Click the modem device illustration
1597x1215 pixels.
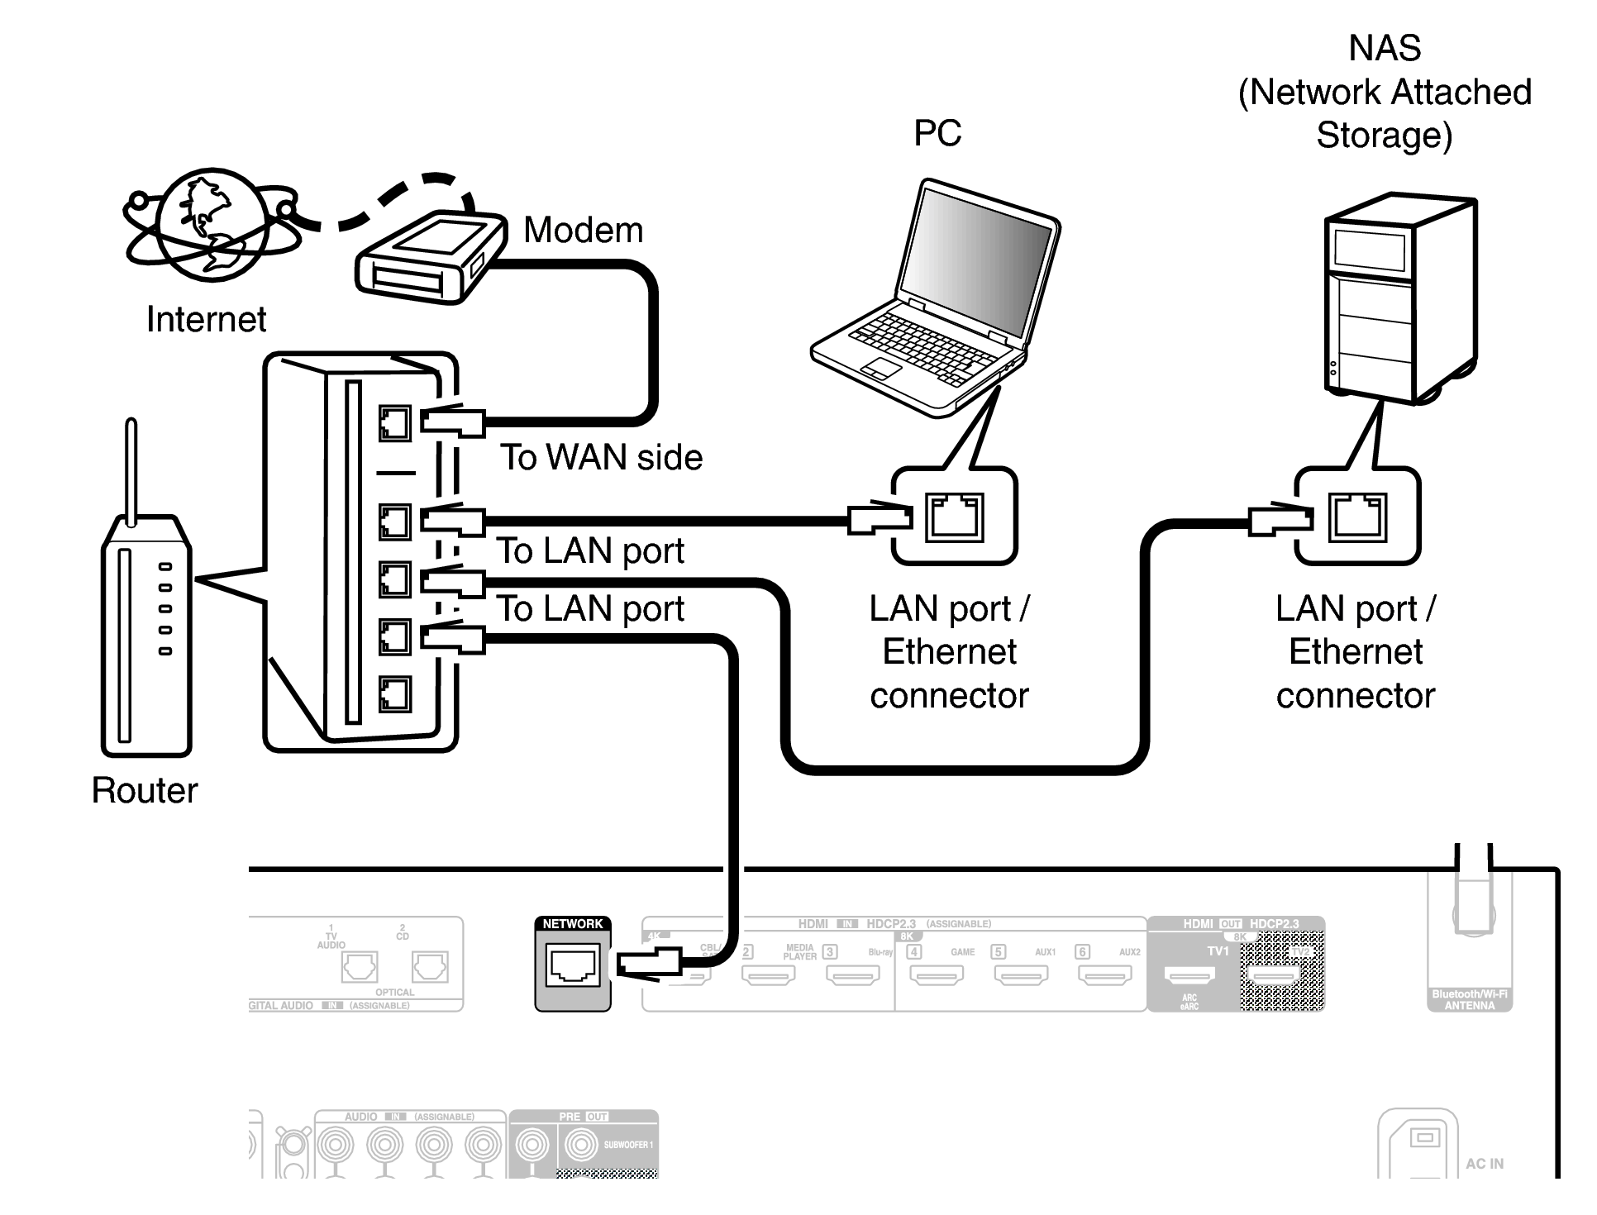(430, 257)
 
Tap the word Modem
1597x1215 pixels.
(583, 230)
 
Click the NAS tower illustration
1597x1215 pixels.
(1397, 298)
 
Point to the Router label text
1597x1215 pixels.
(145, 790)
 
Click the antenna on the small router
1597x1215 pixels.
(131, 471)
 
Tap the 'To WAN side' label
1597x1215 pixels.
(601, 457)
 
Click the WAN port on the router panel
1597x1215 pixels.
(394, 424)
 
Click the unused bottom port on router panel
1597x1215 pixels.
(394, 693)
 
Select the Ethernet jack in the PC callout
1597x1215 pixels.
(955, 517)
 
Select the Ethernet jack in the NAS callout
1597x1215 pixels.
(1357, 517)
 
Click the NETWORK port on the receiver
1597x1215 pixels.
(573, 965)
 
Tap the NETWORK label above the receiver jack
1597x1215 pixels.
(573, 924)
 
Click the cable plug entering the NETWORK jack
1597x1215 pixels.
(649, 963)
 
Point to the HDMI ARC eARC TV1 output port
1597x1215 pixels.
(1189, 975)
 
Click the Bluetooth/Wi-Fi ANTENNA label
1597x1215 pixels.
(1470, 999)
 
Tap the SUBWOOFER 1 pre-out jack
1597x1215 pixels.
(581, 1145)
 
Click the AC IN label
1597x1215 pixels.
(1485, 1164)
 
